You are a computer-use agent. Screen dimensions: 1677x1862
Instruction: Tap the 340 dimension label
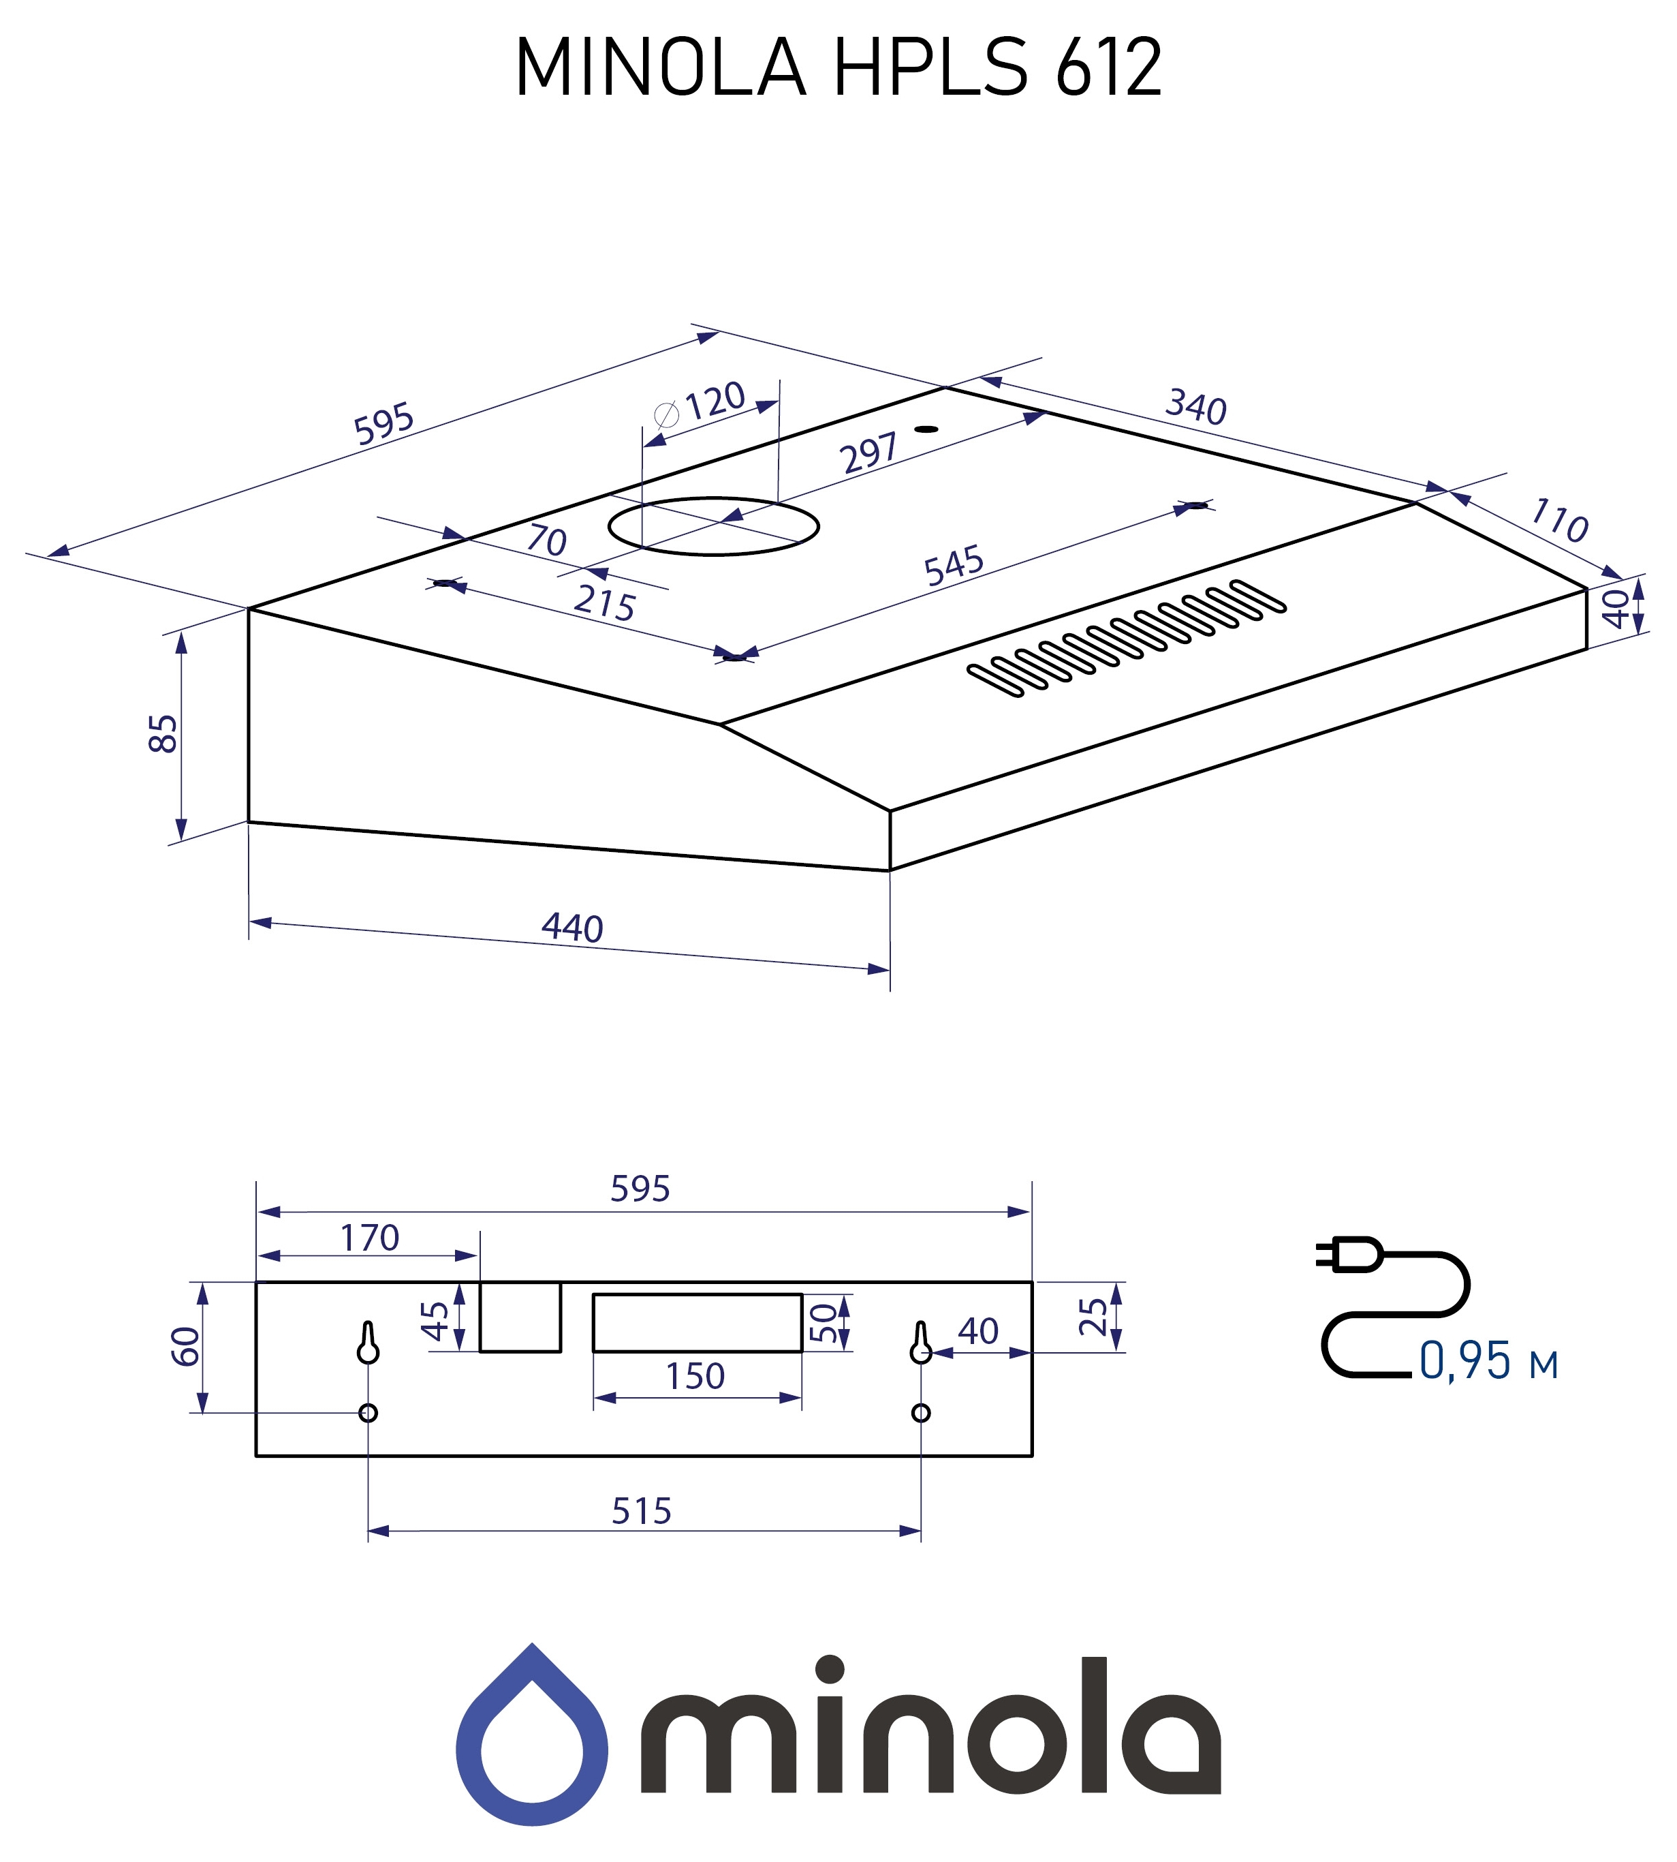point(1196,406)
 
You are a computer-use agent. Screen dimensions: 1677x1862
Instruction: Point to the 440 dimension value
point(572,928)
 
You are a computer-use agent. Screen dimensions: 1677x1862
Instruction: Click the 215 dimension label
point(604,603)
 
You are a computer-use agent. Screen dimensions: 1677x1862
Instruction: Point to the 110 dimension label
point(1559,521)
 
